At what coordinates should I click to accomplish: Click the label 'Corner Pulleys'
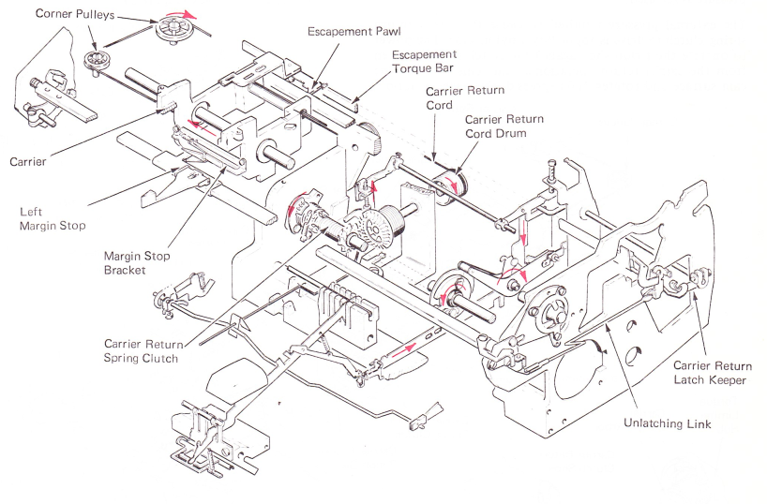click(x=75, y=13)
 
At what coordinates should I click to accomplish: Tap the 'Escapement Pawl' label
click(x=354, y=32)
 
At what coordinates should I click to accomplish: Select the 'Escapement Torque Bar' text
click(x=424, y=62)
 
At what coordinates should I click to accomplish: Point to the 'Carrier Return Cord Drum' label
click(x=504, y=126)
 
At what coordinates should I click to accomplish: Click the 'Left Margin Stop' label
click(x=53, y=218)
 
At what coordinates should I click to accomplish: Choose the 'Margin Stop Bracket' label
click(x=137, y=263)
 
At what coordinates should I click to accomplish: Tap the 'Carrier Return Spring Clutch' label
click(x=143, y=351)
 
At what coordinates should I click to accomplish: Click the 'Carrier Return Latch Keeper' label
click(x=713, y=373)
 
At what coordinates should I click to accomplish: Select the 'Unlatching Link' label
click(x=667, y=423)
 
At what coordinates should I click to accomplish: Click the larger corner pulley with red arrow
click(x=173, y=30)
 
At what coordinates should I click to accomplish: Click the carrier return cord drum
click(x=451, y=188)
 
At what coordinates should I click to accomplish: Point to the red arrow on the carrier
click(x=203, y=126)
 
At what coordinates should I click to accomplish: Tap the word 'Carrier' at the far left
click(x=28, y=162)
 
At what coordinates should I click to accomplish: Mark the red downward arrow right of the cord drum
click(x=522, y=232)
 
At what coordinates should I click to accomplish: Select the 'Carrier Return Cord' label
click(x=464, y=97)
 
